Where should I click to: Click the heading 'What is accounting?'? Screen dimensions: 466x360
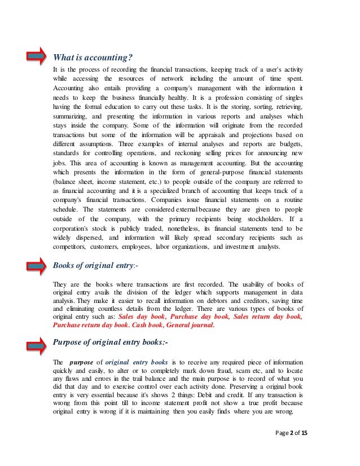[93, 57]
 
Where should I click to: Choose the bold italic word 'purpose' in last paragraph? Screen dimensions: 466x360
[81, 361]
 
